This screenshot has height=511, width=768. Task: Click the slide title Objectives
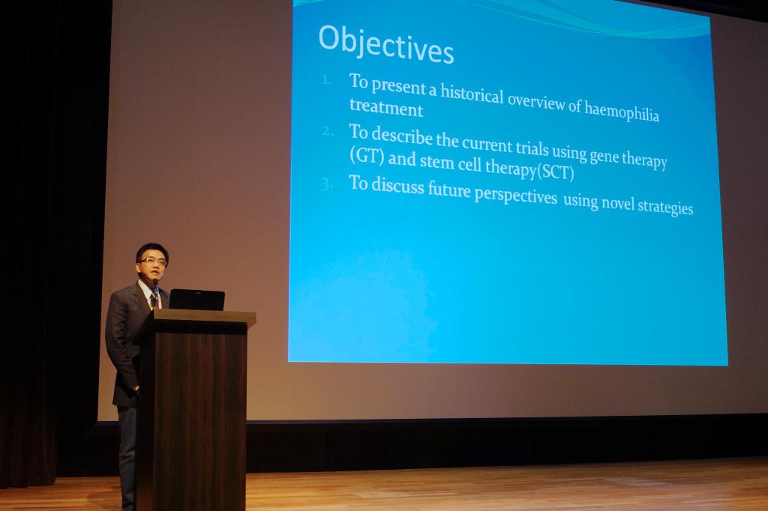point(386,44)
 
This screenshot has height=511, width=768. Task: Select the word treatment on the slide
point(386,107)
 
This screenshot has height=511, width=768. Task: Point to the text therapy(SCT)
point(529,170)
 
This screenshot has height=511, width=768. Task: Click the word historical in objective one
point(472,94)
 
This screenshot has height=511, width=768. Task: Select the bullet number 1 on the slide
point(327,79)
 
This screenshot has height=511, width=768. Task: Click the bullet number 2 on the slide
point(328,131)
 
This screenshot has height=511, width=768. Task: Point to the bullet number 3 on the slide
point(327,184)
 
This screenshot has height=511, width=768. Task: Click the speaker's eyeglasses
point(153,261)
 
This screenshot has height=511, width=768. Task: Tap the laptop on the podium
point(197,300)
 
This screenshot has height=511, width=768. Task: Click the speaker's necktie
point(154,299)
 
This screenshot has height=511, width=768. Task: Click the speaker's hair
point(151,250)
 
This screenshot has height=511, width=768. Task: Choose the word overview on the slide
point(536,101)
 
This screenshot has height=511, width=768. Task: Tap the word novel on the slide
point(617,203)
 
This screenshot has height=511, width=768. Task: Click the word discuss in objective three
point(397,186)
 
